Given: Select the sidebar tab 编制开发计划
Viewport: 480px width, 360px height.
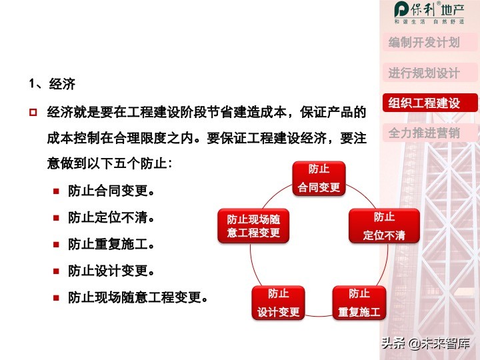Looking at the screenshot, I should point(425,43).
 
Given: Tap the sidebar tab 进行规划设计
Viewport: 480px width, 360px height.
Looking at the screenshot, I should point(425,73).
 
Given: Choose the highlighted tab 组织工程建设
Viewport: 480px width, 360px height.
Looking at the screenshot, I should point(425,103).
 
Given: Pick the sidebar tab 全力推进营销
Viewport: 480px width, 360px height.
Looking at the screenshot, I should point(425,133).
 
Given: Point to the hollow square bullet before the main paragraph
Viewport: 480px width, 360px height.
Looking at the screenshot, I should point(32,111).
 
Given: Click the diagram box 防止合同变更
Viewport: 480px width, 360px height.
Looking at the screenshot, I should point(319,178).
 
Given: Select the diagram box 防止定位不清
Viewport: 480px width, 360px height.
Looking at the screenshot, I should point(384,226).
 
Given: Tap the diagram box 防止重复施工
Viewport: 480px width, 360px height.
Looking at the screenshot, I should point(359,303).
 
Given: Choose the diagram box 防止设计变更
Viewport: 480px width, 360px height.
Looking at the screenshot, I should point(279,303).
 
